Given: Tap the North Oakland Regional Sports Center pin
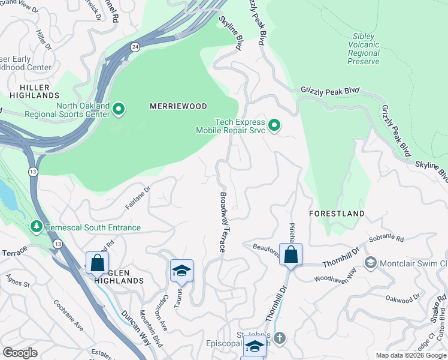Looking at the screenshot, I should pos(119,109).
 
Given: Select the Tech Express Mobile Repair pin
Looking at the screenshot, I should pos(274,125).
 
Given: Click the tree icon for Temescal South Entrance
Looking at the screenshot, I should pos(37,227).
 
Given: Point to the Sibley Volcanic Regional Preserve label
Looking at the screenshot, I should pos(364,49).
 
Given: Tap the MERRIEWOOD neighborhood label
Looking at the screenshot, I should pos(178,106).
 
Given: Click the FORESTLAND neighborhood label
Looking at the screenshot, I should pos(336,214).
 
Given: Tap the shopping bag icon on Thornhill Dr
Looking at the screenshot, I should pos(290,254).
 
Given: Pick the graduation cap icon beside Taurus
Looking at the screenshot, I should pos(181,271).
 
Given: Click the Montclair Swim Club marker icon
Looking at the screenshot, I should pos(371,263).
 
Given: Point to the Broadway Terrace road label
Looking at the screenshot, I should pos(223,222).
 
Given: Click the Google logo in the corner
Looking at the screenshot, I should pos(20,353).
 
